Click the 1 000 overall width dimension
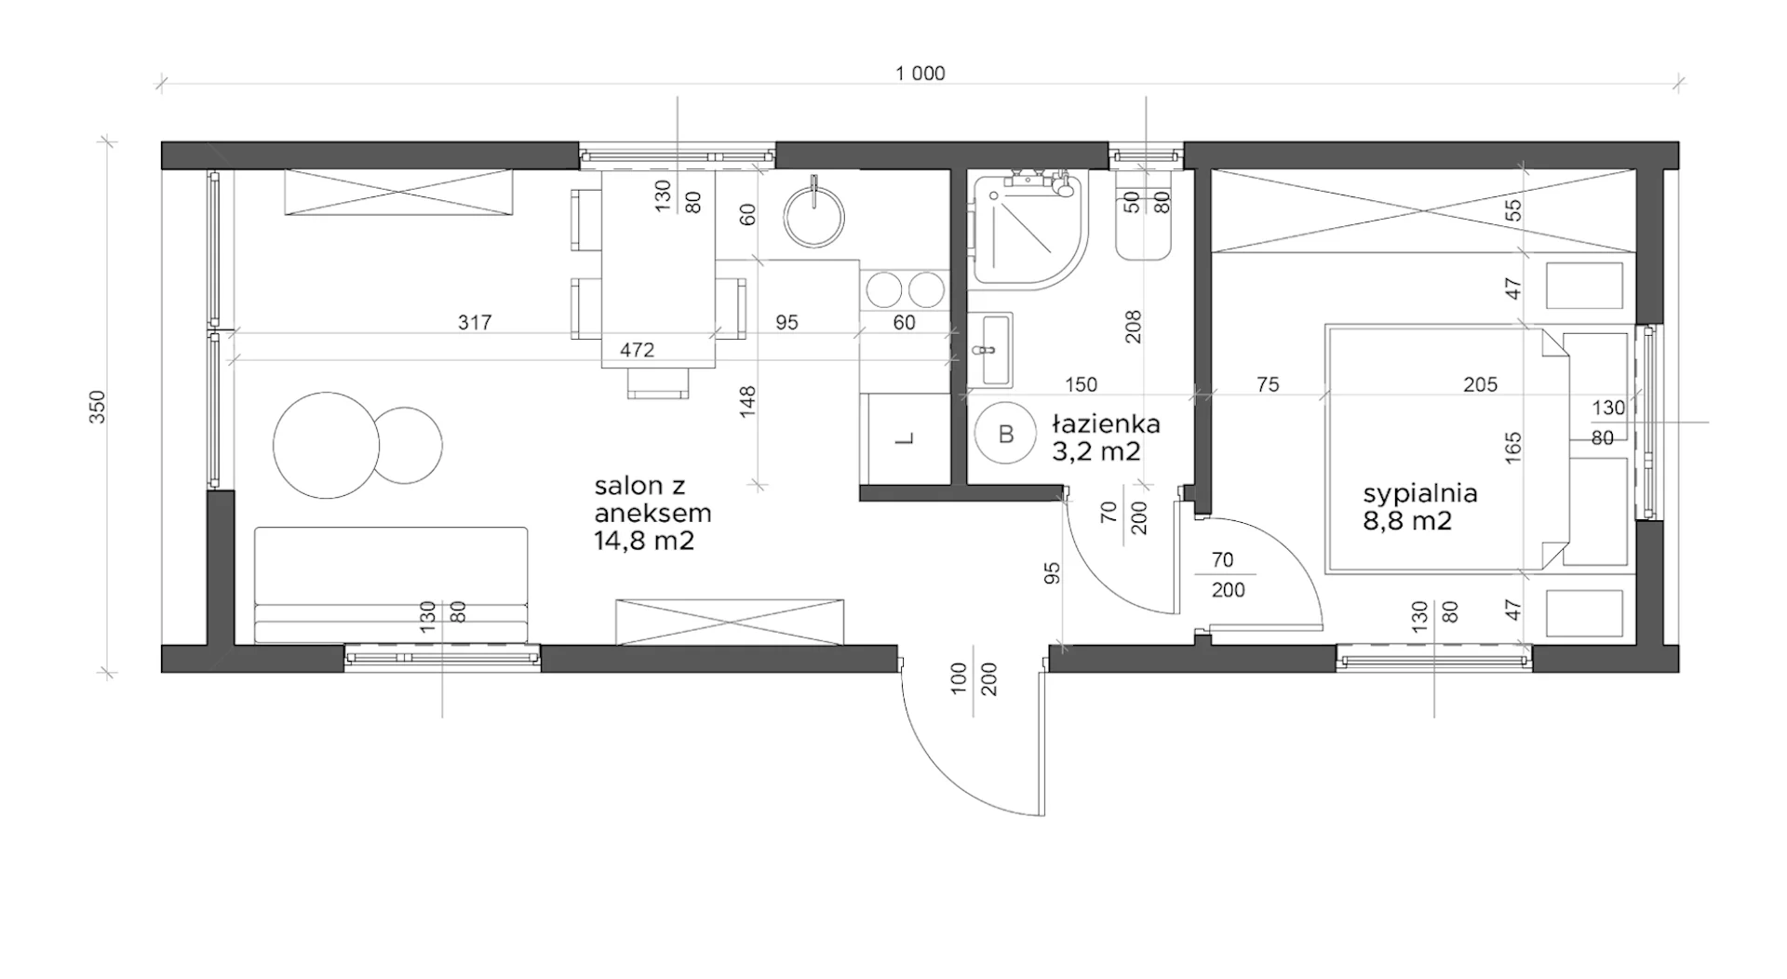(x=920, y=74)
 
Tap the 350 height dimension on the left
(x=98, y=407)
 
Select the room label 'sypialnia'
(x=1420, y=494)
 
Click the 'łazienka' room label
(x=1106, y=424)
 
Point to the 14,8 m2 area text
(x=644, y=541)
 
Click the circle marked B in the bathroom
(x=1005, y=434)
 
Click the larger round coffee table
(x=327, y=446)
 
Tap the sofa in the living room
(x=391, y=584)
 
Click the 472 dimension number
(x=638, y=350)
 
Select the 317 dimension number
(x=475, y=323)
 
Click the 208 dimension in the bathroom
(x=1133, y=326)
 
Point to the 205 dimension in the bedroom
(x=1480, y=384)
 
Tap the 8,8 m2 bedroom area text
(x=1407, y=521)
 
